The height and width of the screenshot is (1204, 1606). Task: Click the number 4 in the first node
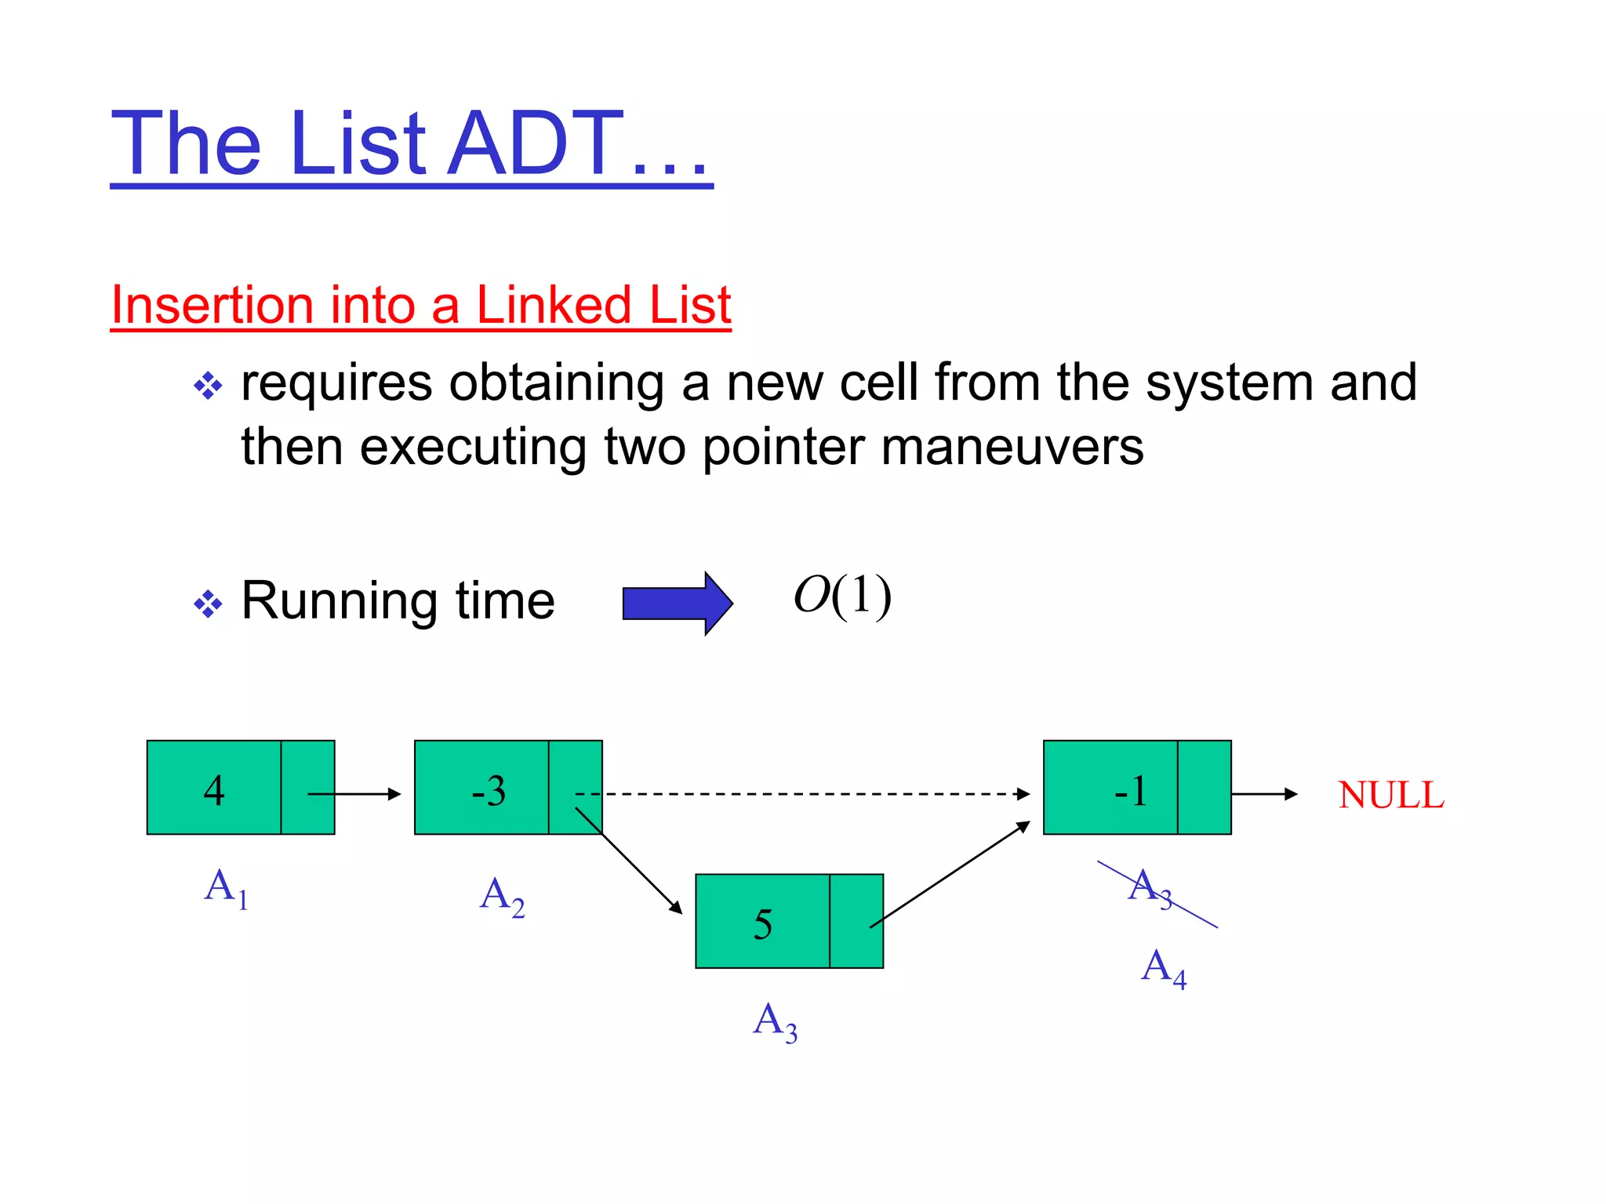[x=214, y=790]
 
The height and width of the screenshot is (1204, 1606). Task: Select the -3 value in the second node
[x=489, y=790]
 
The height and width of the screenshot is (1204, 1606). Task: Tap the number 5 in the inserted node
[x=763, y=924]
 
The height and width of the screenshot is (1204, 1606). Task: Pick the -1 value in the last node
[x=1131, y=790]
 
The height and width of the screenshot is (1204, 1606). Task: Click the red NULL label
[x=1390, y=795]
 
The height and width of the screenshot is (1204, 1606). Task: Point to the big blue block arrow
[x=678, y=603]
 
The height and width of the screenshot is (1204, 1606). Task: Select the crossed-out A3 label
[x=1150, y=888]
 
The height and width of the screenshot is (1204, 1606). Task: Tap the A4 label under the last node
[x=1163, y=968]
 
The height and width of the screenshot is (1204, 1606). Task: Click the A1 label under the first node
[x=226, y=888]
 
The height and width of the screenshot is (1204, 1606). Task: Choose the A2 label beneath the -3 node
[x=502, y=896]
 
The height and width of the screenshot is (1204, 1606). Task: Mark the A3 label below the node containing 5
[x=775, y=1022]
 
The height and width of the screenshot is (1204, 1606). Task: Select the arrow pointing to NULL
[x=1264, y=794]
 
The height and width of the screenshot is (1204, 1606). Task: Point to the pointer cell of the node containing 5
[x=856, y=921]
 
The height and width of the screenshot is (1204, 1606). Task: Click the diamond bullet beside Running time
[x=208, y=604]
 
